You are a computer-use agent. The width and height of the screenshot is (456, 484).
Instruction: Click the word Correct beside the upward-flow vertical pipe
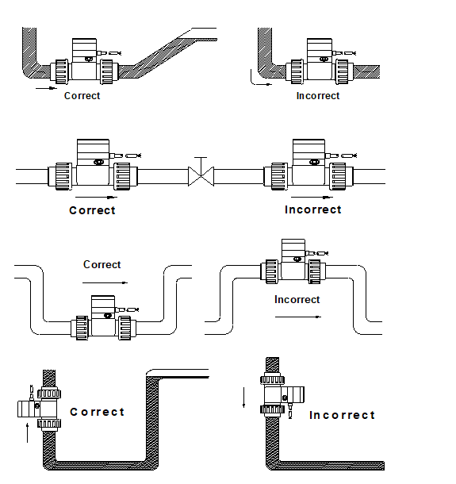[98, 412]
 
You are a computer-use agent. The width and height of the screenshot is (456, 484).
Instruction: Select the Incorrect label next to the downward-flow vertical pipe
[342, 415]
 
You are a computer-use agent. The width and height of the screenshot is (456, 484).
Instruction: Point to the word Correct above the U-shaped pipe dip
[102, 264]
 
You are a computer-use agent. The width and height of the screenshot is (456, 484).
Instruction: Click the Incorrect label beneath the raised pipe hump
[297, 299]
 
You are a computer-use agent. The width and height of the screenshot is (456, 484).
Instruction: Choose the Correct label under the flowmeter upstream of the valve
[92, 210]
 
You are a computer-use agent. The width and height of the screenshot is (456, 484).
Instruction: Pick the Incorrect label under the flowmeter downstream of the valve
[312, 209]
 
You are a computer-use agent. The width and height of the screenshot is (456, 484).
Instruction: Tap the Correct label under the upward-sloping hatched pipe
[82, 96]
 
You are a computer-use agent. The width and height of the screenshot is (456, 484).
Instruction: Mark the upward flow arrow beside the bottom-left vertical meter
[28, 432]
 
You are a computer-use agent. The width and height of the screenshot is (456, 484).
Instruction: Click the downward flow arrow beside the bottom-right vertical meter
[244, 398]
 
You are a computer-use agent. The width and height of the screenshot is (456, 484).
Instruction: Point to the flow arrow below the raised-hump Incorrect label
[298, 317]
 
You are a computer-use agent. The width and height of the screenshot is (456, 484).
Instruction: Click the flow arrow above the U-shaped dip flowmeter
[105, 282]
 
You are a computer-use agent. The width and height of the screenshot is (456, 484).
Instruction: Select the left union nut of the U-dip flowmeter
[82, 328]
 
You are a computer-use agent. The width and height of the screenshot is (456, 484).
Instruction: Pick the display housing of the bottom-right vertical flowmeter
[294, 395]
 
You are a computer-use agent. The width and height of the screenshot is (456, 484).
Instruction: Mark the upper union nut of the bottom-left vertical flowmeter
[49, 394]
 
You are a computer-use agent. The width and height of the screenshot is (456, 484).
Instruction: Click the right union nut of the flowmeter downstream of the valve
[338, 176]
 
